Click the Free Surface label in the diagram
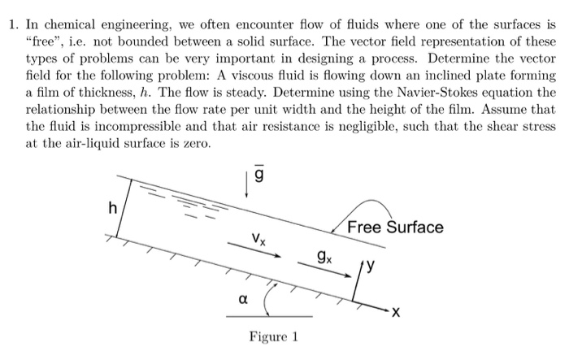click(395, 227)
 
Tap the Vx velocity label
click(258, 241)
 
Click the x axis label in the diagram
click(396, 310)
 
